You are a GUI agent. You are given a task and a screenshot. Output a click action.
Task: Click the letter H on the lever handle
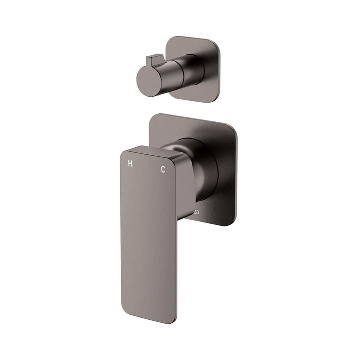(x=130, y=163)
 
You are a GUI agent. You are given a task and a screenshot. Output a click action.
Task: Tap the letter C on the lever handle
(x=163, y=169)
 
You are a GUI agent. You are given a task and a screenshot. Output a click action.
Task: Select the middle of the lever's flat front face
(x=148, y=235)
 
